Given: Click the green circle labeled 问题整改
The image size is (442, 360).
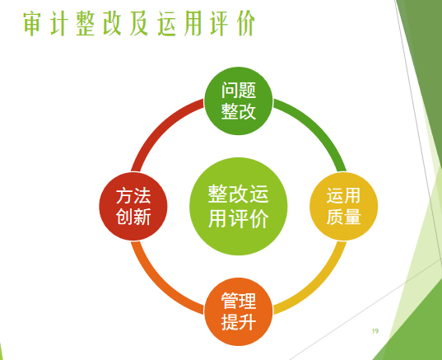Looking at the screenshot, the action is pos(239,101).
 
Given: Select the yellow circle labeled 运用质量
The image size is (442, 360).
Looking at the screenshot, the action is pos(343,206).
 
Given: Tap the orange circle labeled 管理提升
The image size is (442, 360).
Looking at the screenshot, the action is pos(239,311).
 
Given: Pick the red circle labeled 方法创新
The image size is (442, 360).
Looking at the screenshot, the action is pos(133,206).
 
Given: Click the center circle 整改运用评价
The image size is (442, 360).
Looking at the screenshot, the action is pos(239,206).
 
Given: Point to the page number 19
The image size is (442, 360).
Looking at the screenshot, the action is pos(375,331).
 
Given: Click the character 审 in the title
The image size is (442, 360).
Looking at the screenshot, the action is pos(32,23).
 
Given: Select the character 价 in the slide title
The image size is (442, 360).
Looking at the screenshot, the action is pos(246,23).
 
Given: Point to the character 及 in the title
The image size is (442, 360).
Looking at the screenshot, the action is pos(139,23).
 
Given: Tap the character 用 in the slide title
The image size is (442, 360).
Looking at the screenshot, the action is pos(193,23).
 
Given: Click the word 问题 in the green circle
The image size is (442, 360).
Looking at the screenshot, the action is pos(239,91).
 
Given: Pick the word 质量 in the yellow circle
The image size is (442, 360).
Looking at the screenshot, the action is pos(343,217).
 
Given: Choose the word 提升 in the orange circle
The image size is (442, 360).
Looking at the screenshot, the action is pos(239,322).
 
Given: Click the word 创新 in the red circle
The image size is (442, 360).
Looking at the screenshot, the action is pos(133,217).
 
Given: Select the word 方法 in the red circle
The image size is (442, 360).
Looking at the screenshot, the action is pos(133,196).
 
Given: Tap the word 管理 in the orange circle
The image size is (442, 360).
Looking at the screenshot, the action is pos(239,301).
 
